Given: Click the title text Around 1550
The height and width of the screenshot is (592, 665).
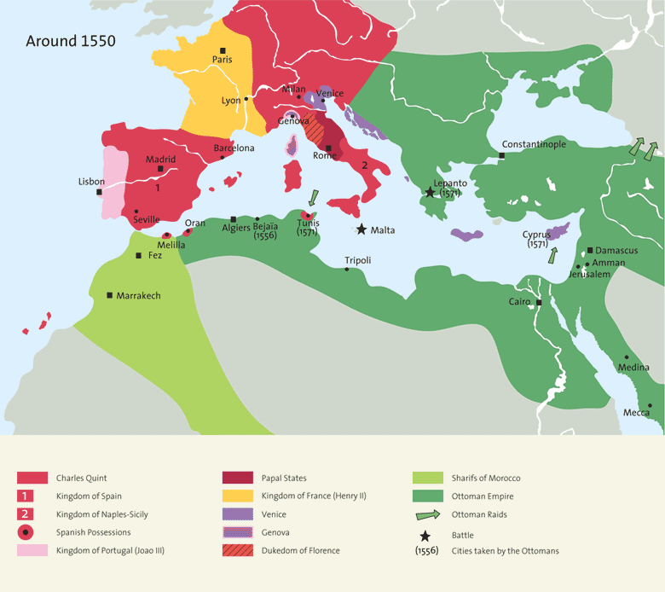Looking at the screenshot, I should (71, 40).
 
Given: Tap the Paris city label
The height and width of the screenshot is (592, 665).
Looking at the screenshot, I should (222, 60).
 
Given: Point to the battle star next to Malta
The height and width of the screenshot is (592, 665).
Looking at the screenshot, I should (362, 229).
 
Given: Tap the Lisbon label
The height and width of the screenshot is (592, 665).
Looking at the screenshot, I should (91, 182).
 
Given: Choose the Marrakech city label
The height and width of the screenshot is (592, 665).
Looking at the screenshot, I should (139, 295).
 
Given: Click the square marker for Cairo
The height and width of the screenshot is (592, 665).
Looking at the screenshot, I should (539, 302).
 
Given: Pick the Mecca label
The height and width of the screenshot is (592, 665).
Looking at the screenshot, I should (635, 413).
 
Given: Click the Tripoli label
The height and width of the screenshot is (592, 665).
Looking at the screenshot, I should (358, 260).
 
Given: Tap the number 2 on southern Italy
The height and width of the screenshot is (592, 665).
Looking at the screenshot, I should (364, 165).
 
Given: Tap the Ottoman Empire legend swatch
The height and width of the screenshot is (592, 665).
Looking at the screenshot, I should (427, 496).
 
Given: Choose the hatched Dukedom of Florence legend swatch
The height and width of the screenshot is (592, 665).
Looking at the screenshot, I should (237, 551).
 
